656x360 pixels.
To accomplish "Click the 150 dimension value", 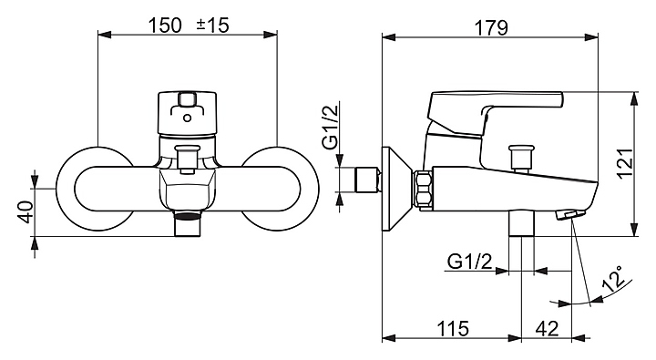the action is coord(166,26).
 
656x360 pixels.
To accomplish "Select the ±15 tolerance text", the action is coord(213,26).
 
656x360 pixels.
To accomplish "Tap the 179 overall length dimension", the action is coord(491,27).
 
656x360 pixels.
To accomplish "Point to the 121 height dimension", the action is coord(625,163).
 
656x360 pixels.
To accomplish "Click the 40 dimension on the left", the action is coord(26,211).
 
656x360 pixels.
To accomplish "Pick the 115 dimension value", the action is coord(453,329).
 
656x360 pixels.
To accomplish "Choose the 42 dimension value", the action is coord(547,329).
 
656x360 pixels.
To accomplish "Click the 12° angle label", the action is coord(614,278).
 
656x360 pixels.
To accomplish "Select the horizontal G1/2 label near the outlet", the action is coord(470,262).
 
